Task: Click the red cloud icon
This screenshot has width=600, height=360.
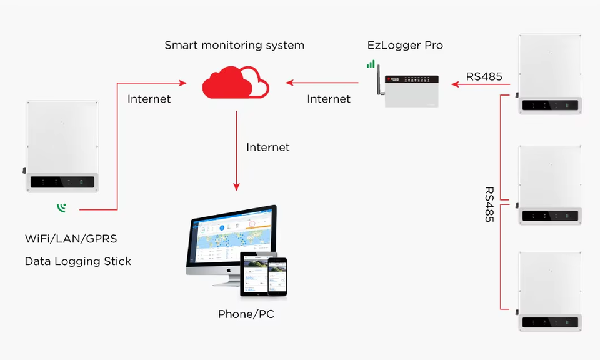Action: pyautogui.click(x=236, y=82)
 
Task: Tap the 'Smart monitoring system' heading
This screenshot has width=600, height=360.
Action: pyautogui.click(x=234, y=45)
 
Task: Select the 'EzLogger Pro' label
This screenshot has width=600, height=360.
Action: pyautogui.click(x=405, y=45)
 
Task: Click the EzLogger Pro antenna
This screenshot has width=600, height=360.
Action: pyautogui.click(x=379, y=79)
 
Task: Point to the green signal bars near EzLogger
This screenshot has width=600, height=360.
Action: pyautogui.click(x=371, y=64)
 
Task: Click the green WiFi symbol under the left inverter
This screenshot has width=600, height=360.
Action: pyautogui.click(x=62, y=207)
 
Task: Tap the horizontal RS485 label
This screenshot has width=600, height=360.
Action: pyautogui.click(x=484, y=76)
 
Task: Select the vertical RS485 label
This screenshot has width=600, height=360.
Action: pyautogui.click(x=489, y=204)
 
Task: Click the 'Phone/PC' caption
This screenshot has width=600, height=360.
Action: pyautogui.click(x=246, y=314)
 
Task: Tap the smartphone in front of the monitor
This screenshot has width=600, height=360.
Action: pyautogui.click(x=277, y=277)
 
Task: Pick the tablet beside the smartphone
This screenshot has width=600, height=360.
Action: pyautogui.click(x=255, y=274)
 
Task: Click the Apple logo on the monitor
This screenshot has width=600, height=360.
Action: pyautogui.click(x=229, y=270)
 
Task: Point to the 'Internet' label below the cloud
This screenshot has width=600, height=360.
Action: pyautogui.click(x=268, y=147)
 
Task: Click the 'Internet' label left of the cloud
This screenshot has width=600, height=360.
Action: pyautogui.click(x=149, y=99)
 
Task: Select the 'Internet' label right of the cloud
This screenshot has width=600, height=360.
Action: pyautogui.click(x=329, y=99)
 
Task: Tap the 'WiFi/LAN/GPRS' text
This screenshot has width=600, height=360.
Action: pyautogui.click(x=71, y=239)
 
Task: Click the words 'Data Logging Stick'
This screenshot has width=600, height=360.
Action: pyautogui.click(x=78, y=261)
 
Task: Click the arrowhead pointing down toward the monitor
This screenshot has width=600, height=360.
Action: pyautogui.click(x=236, y=187)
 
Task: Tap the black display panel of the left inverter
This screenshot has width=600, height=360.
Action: pyautogui.click(x=62, y=182)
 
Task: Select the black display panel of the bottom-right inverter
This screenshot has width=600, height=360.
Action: pyautogui.click(x=550, y=322)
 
